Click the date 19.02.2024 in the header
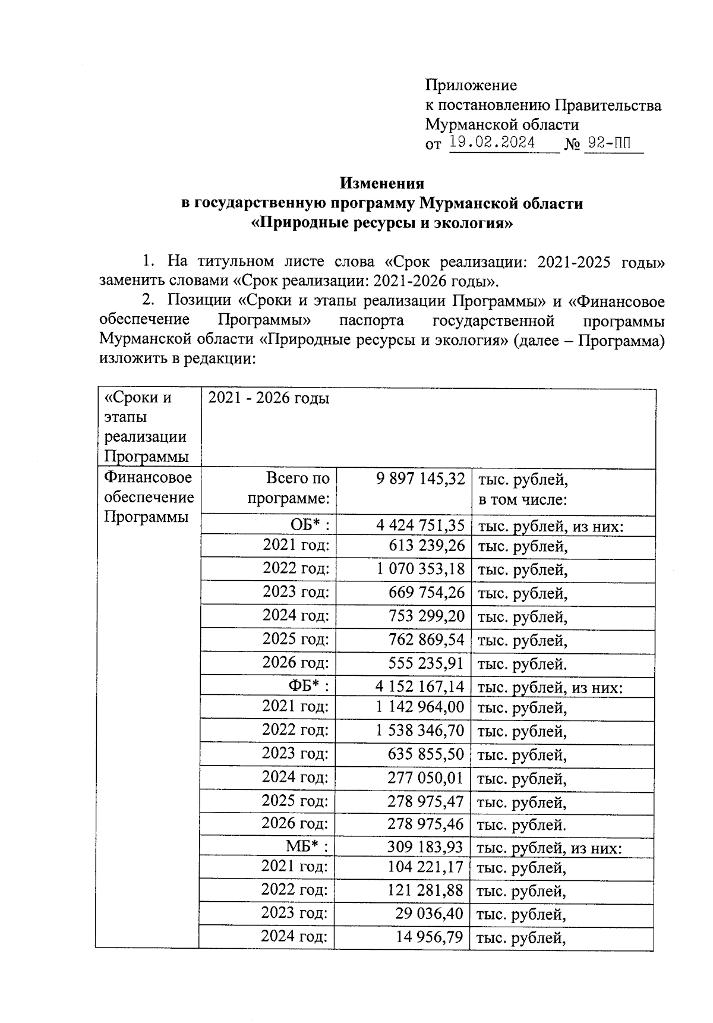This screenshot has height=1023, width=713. point(493,143)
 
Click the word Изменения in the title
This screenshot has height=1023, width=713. point(381,183)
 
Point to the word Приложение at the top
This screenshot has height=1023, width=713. point(471,85)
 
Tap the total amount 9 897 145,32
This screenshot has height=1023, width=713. point(421,479)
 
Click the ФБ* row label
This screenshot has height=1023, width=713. point(309,687)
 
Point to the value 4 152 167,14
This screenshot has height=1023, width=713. point(420,687)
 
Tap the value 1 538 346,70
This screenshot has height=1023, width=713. point(420,731)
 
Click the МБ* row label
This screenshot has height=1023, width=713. point(308,846)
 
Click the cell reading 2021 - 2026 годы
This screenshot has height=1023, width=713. point(269,398)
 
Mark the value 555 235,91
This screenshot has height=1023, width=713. point(426,663)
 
